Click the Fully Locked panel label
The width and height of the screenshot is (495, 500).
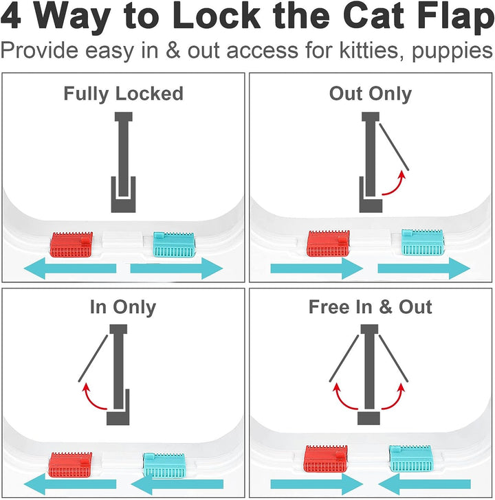click(124, 93)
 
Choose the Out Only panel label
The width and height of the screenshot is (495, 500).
click(371, 93)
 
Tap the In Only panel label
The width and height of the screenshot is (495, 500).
click(123, 307)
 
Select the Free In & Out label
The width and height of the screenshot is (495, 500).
click(371, 307)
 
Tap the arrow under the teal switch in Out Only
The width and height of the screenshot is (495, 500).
click(423, 269)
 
